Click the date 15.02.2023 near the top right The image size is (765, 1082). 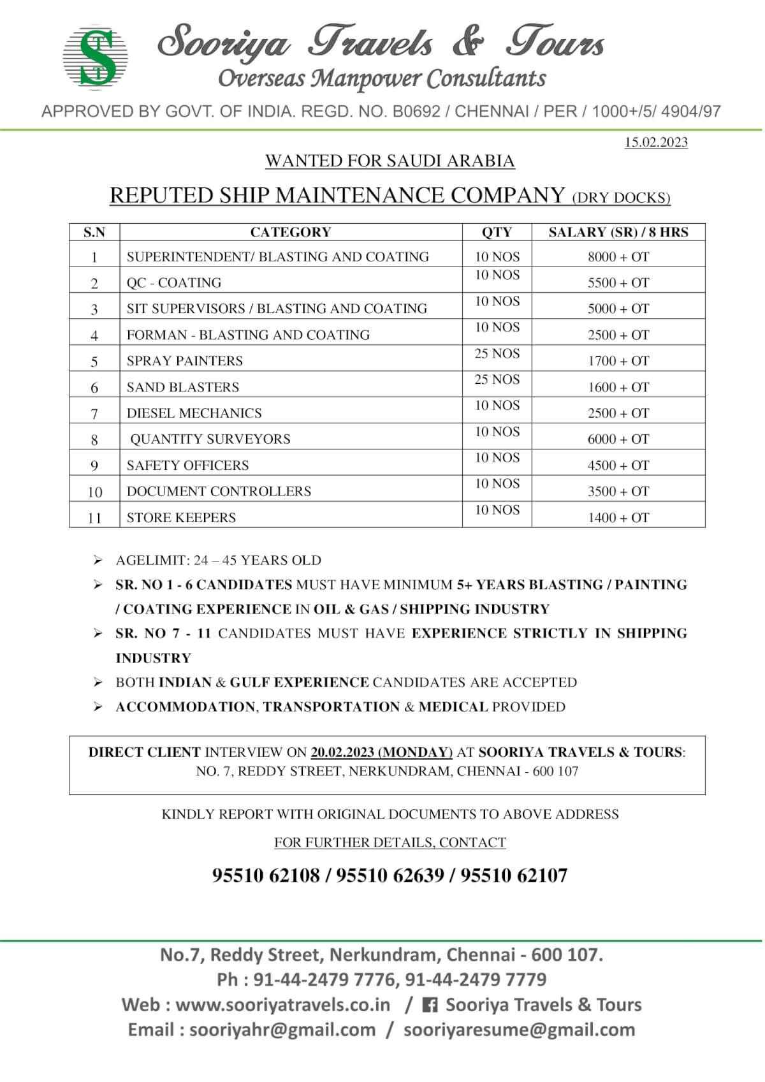[656, 142]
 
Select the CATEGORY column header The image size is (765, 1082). [290, 232]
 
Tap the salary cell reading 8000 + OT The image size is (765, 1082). [618, 257]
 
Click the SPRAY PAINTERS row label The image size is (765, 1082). [185, 361]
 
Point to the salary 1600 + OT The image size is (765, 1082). [618, 387]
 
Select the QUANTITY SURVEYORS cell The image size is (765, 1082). [210, 439]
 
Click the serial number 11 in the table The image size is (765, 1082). [94, 518]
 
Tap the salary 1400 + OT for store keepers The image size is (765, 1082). [618, 518]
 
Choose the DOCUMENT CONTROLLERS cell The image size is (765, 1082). [219, 492]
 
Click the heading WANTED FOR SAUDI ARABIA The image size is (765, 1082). [390, 161]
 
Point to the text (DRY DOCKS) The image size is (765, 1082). [621, 198]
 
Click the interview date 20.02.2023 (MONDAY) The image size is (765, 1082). [381, 752]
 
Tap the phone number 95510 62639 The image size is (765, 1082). [390, 875]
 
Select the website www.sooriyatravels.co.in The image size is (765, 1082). [282, 1005]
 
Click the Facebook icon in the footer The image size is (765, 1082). [430, 1005]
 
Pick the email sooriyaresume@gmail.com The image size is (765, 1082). [519, 1030]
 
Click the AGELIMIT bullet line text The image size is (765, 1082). [218, 560]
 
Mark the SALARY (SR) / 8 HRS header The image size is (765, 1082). [618, 232]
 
